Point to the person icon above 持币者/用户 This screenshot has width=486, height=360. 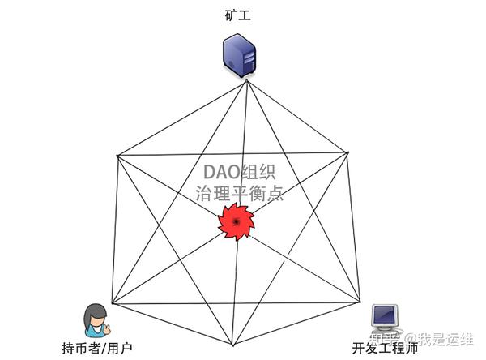click(x=96, y=319)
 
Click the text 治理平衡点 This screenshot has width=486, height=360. click(x=240, y=195)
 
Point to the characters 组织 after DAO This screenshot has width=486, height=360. click(x=263, y=174)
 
